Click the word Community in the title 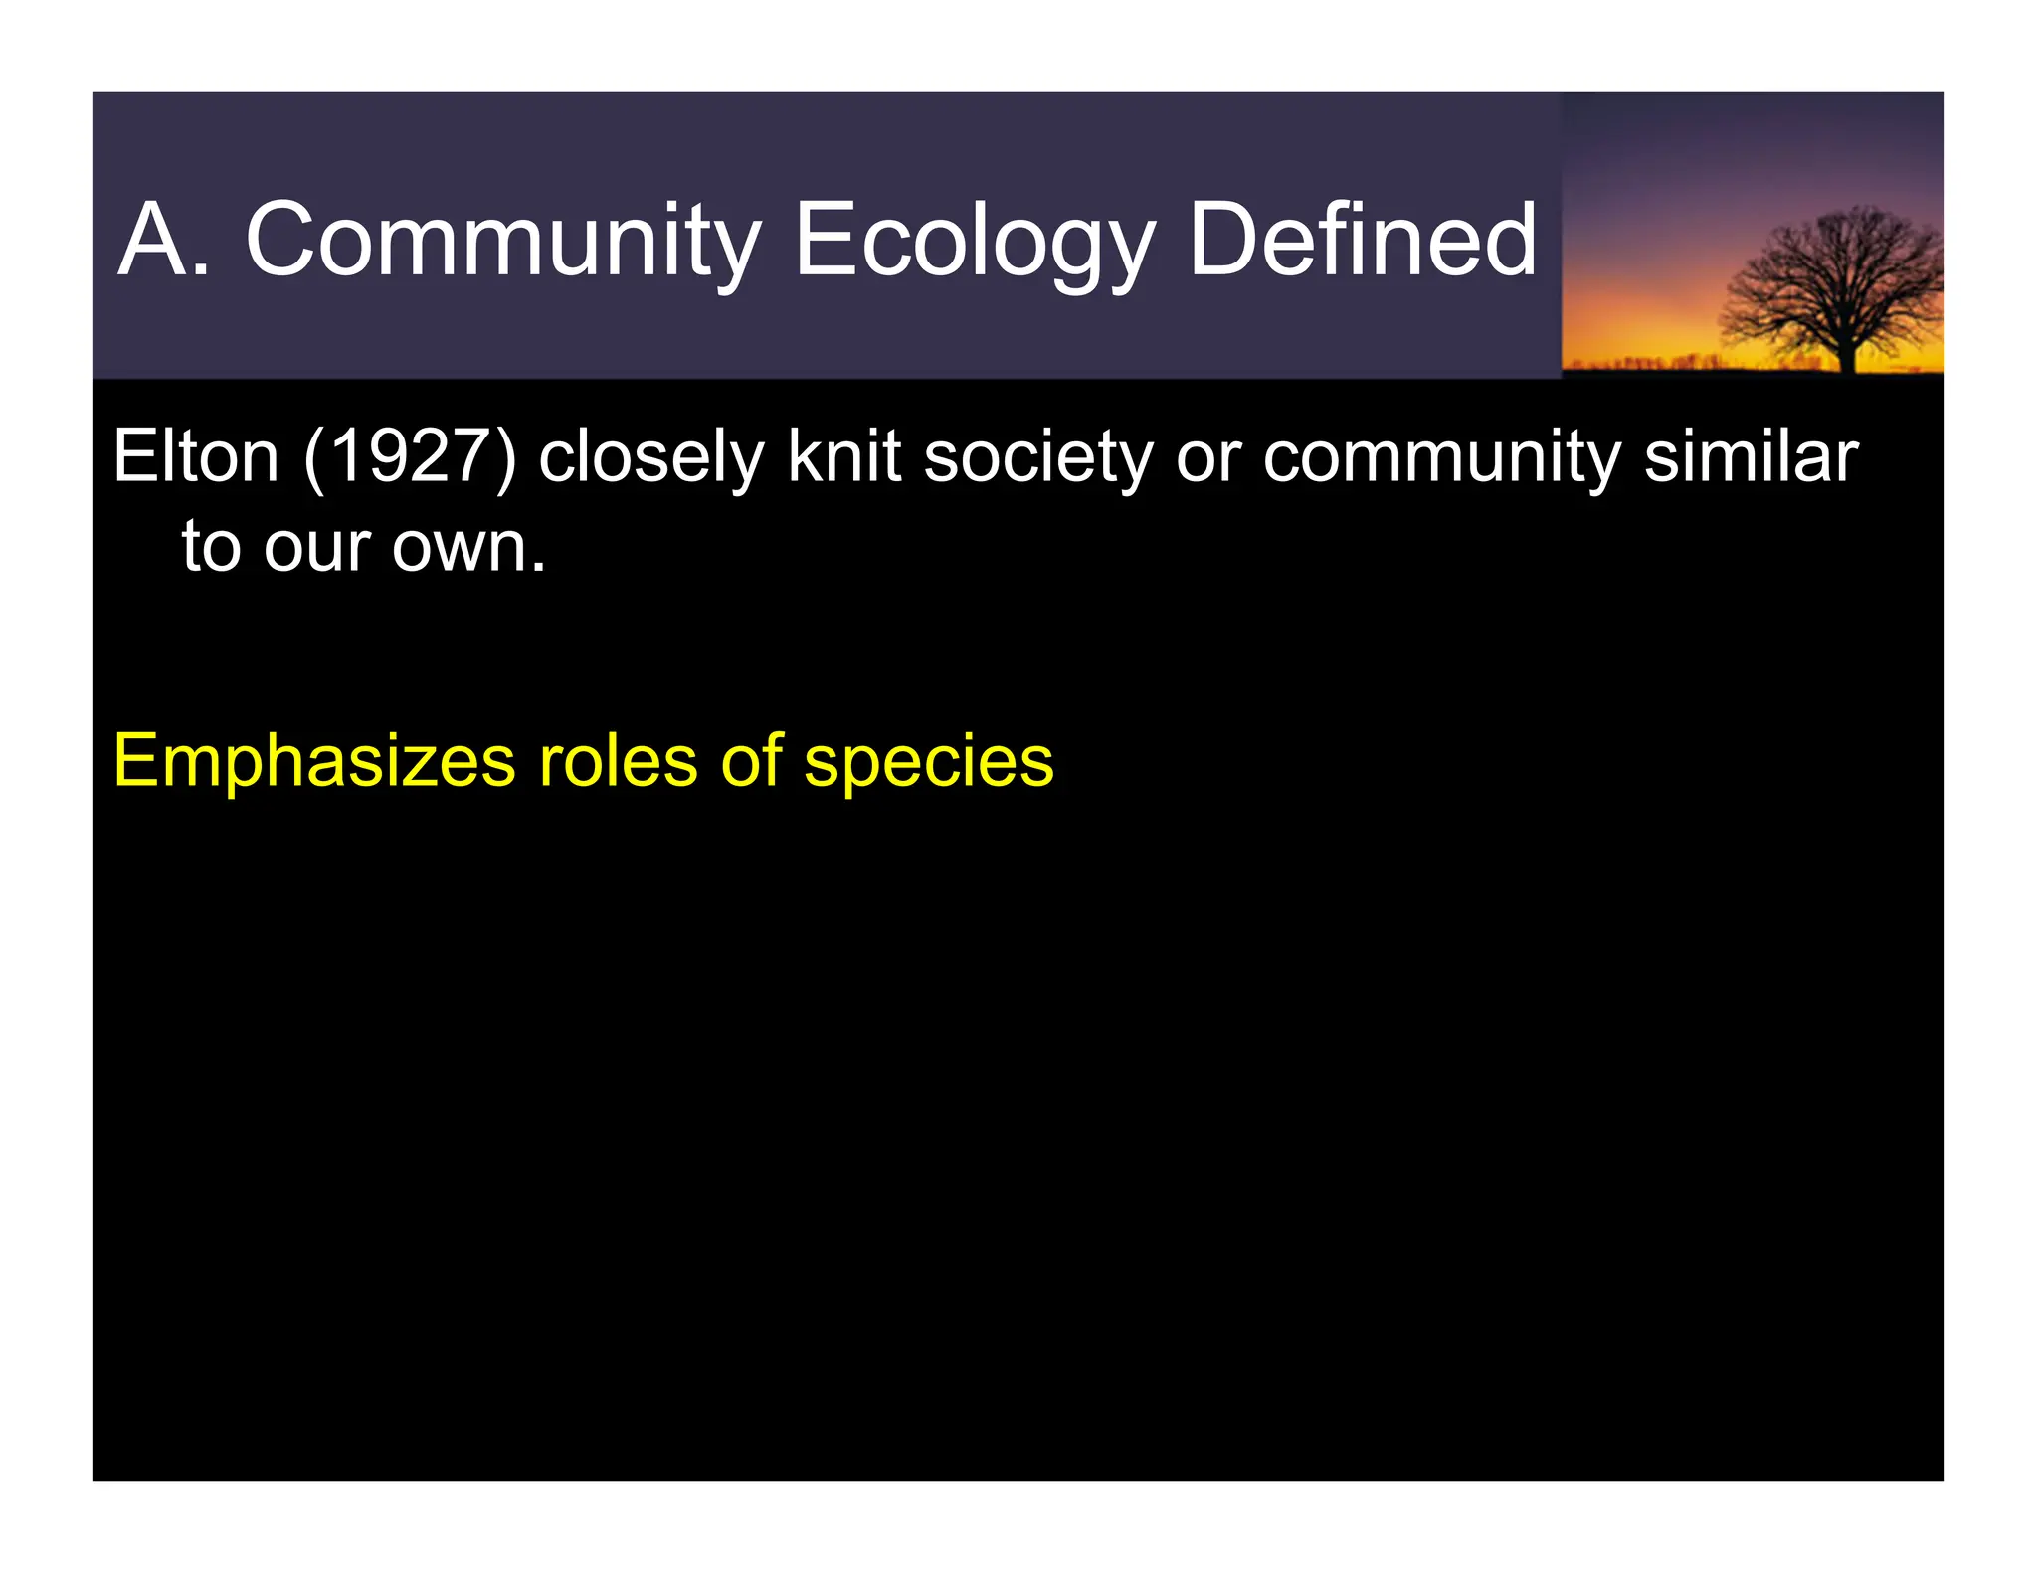coord(503,242)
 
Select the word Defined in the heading coord(1362,242)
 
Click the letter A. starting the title coord(164,242)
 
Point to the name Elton coord(196,457)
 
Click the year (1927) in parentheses coord(411,457)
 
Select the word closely coord(650,459)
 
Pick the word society coord(1038,459)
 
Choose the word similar coord(1751,457)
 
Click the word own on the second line coord(467,549)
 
